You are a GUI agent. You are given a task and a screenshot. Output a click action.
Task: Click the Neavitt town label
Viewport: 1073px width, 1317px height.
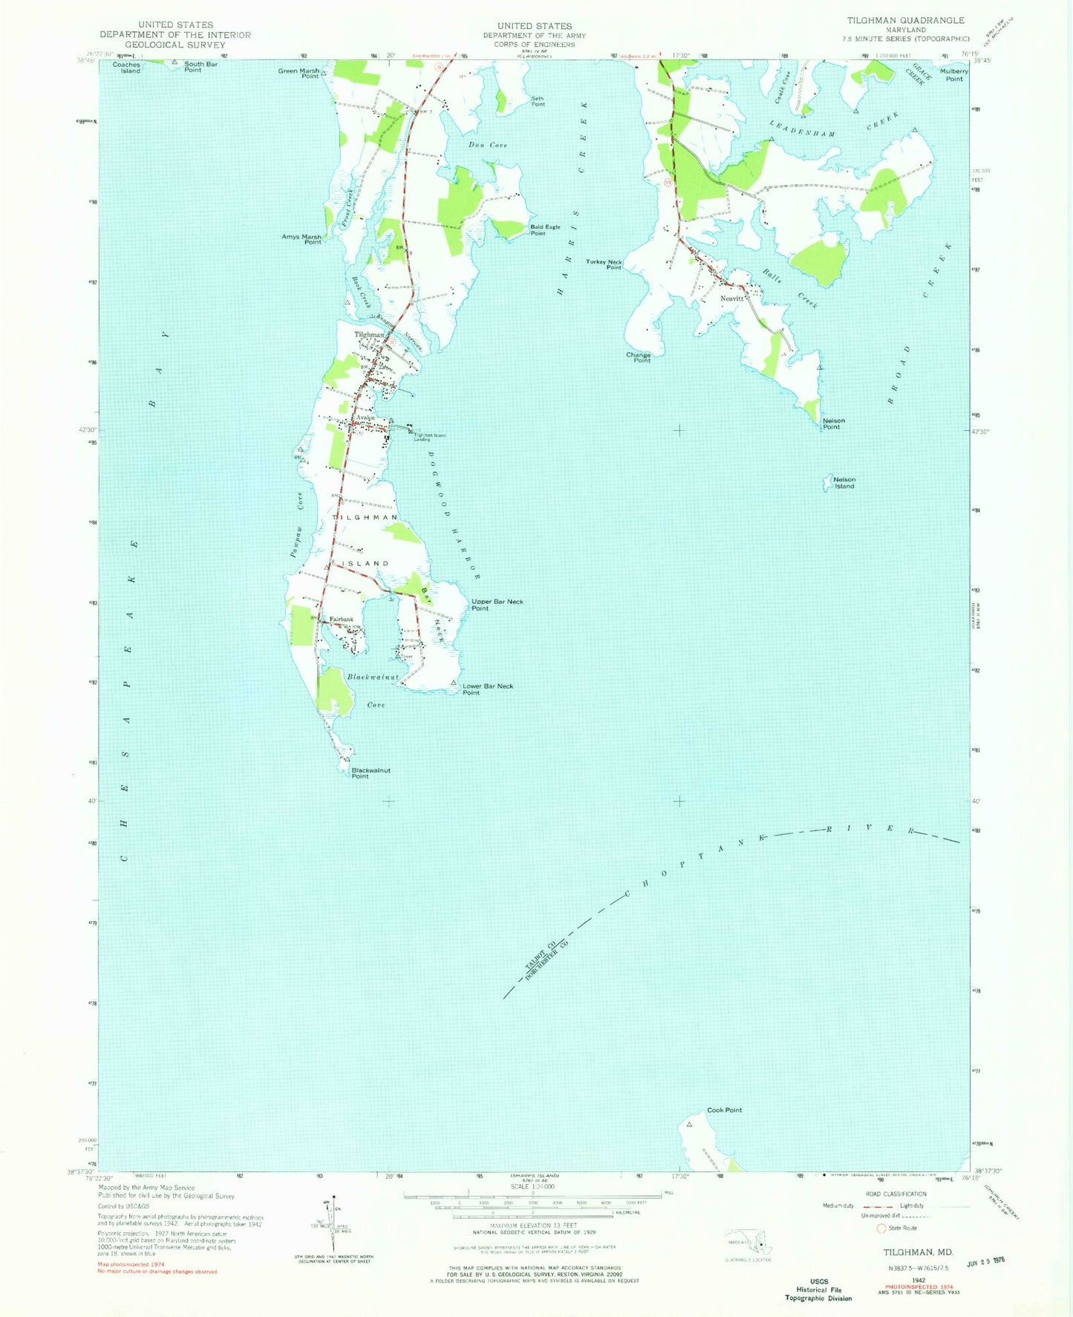(731, 298)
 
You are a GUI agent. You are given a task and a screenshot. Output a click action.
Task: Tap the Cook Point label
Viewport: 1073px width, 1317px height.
(724, 1110)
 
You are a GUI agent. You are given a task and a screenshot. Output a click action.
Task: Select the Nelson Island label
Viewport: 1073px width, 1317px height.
(844, 483)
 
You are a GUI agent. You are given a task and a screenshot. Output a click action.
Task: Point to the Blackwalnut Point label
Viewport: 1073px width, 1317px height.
(371, 773)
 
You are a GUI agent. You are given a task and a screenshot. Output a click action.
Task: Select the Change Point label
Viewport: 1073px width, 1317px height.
(638, 357)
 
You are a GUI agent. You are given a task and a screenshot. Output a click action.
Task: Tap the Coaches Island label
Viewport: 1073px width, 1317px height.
(126, 68)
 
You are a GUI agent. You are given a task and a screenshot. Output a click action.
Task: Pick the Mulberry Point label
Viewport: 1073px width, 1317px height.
(953, 75)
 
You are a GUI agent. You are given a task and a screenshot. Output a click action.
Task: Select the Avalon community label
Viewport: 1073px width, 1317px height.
(365, 417)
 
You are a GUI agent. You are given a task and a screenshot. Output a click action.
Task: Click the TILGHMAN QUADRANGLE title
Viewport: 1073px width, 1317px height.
(906, 20)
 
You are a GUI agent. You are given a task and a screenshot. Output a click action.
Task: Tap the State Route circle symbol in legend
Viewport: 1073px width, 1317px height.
(881, 1228)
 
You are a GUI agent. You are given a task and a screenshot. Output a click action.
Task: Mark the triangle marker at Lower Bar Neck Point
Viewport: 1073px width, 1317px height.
(453, 683)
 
